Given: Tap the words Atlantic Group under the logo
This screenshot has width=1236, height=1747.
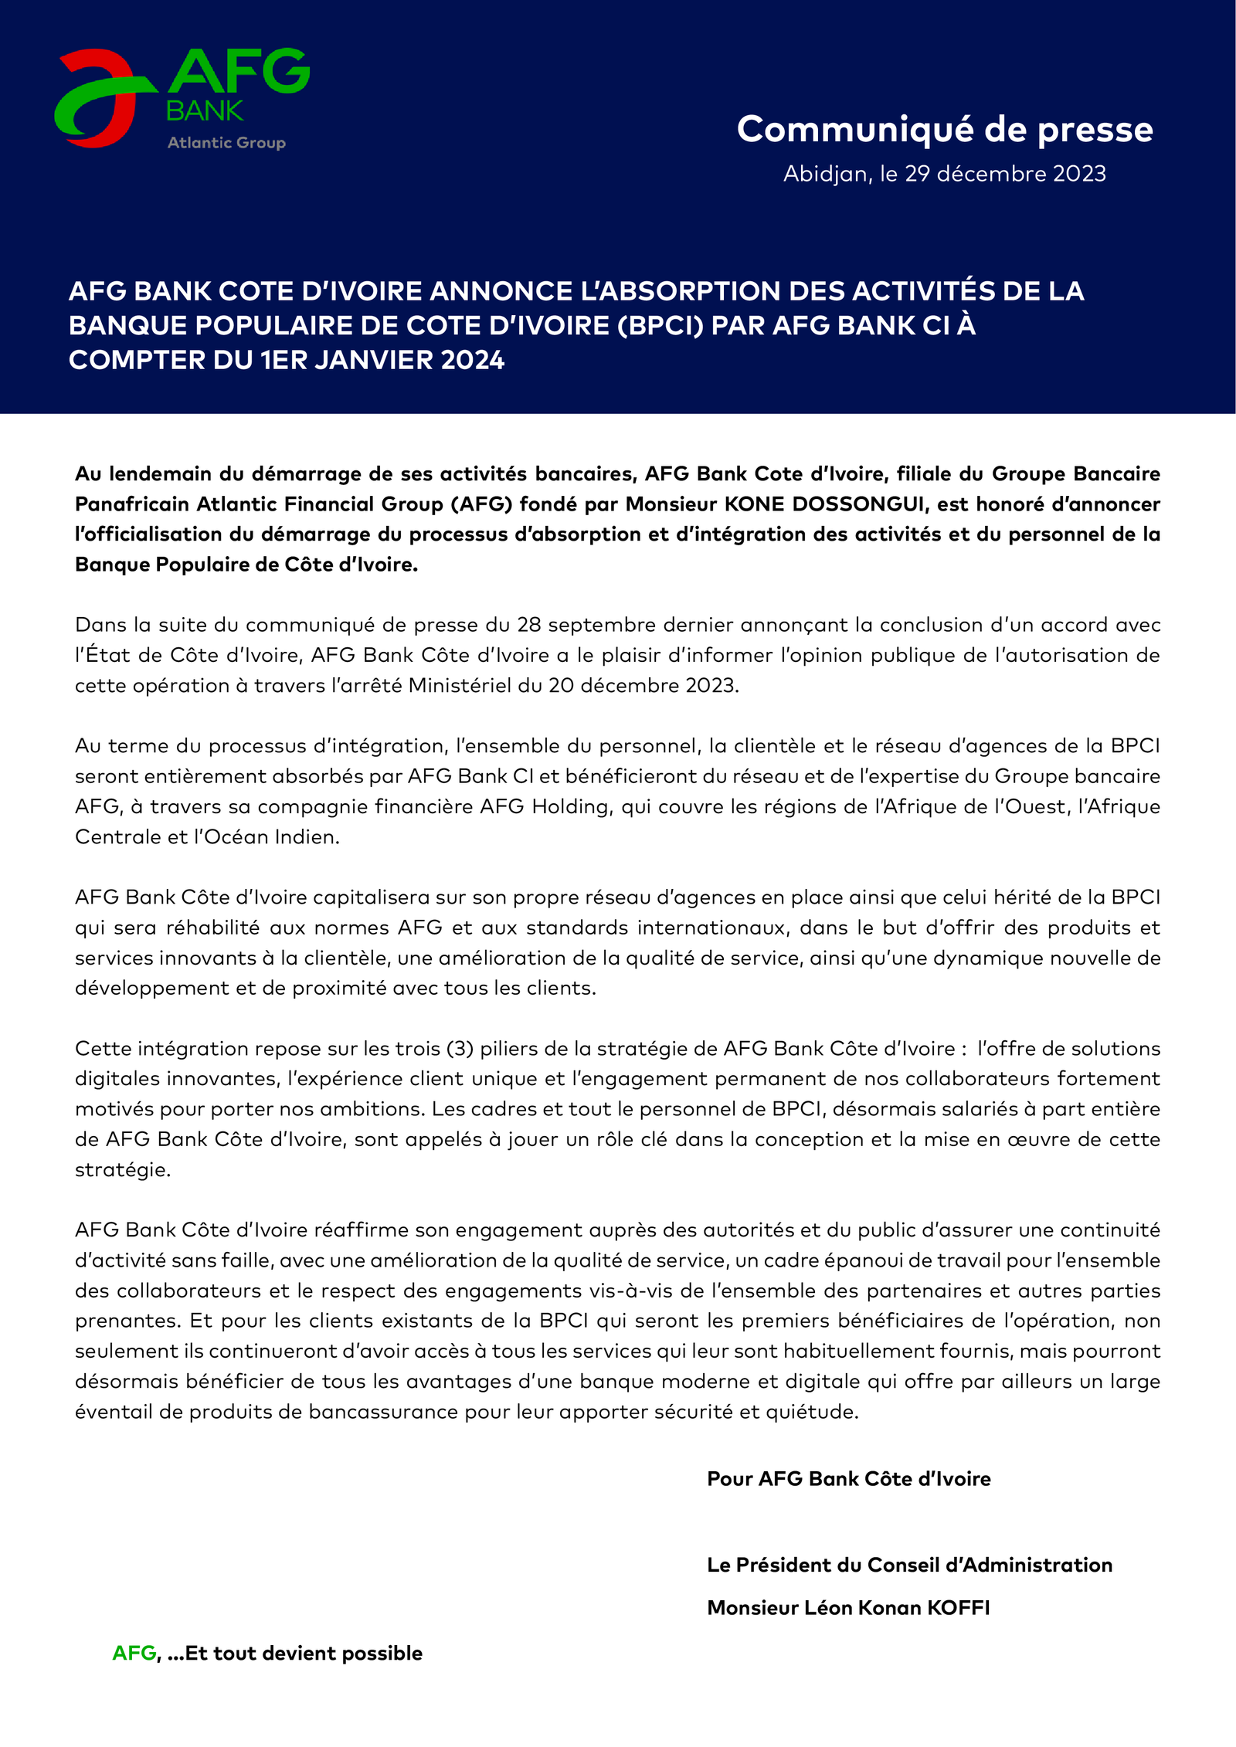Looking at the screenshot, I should (226, 143).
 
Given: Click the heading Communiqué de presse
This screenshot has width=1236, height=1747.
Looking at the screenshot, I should (944, 130).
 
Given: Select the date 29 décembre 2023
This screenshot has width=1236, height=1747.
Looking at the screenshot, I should (1005, 174).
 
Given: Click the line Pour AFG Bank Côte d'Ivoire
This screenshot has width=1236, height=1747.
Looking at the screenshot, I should (848, 1479).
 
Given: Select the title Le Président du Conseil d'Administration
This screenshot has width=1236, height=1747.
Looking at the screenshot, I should (909, 1565).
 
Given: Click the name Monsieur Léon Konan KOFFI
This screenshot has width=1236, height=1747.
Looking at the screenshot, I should (848, 1608).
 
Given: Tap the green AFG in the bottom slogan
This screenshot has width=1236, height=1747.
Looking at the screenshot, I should (134, 1654).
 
